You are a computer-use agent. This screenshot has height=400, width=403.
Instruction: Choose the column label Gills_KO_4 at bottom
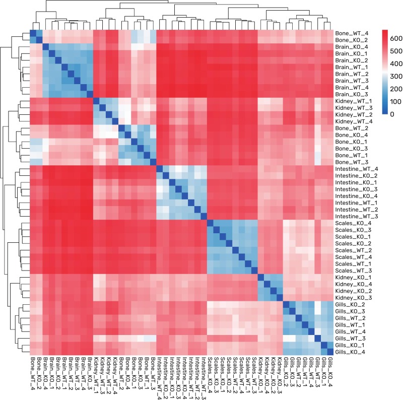[330, 374]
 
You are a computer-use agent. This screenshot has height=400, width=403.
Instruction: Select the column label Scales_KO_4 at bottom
[210, 376]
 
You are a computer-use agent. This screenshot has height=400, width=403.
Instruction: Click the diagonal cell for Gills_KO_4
[330, 351]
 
